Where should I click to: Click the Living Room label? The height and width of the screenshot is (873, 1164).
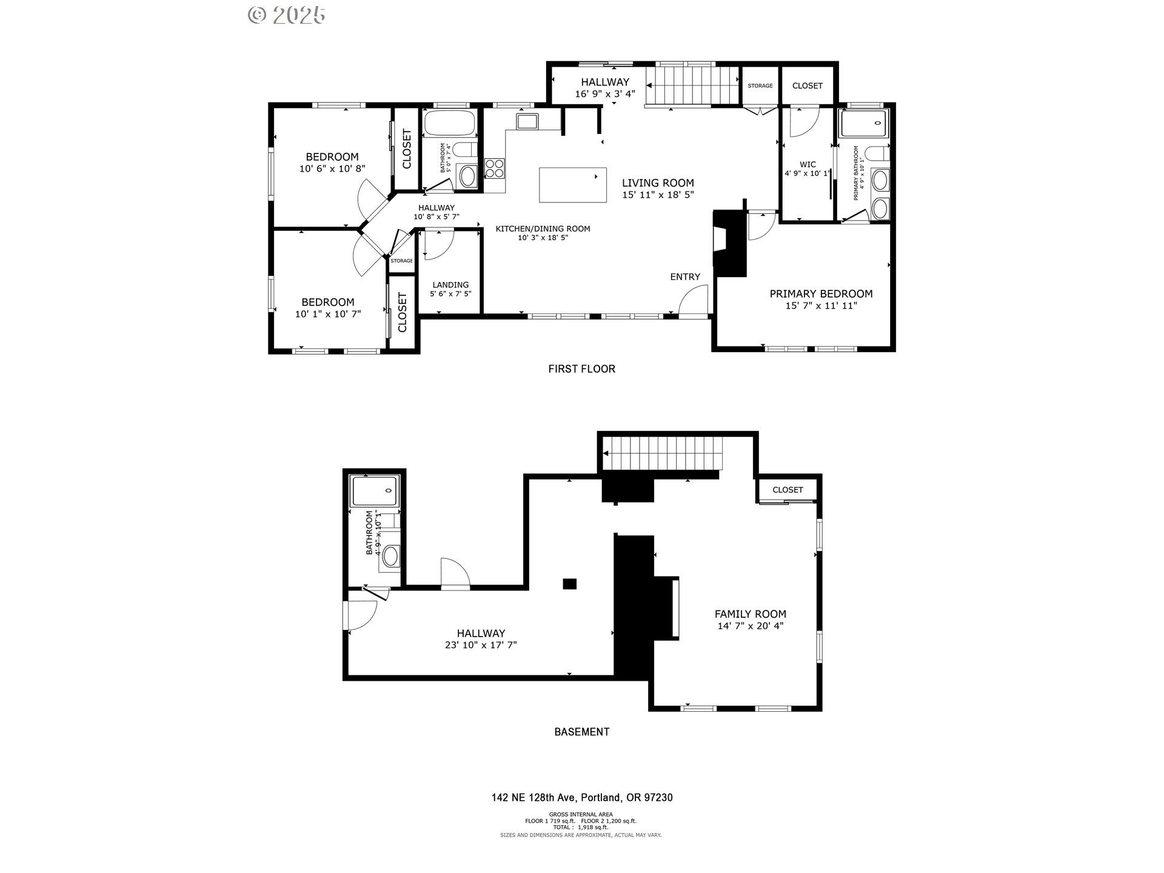tap(658, 182)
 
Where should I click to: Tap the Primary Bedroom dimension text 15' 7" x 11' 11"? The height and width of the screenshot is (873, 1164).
tap(821, 306)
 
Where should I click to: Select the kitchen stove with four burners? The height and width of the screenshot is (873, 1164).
tap(495, 168)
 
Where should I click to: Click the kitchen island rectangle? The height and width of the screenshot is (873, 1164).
tap(572, 185)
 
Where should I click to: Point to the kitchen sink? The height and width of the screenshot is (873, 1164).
tap(527, 121)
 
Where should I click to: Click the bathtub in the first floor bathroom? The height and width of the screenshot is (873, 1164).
tap(449, 123)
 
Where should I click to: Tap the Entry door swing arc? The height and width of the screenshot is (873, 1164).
tap(692, 302)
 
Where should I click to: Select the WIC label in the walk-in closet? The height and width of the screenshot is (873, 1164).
tap(808, 164)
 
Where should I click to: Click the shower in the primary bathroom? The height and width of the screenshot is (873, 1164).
tap(863, 123)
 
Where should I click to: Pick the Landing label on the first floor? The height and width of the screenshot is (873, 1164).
tap(450, 284)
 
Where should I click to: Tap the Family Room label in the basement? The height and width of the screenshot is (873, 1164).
tap(750, 614)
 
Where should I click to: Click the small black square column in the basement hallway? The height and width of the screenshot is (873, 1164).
tap(569, 584)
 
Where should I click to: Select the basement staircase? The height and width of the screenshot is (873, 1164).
tap(666, 453)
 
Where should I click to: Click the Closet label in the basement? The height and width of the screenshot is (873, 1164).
tap(788, 489)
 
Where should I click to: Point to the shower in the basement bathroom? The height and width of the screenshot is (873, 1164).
tap(375, 490)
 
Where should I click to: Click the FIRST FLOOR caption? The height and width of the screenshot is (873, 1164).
tap(581, 369)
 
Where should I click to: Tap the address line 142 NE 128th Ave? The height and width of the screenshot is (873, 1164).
tap(581, 797)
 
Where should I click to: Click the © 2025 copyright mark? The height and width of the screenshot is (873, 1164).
tap(287, 15)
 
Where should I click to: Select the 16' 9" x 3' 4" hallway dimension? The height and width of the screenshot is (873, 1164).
tap(605, 94)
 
